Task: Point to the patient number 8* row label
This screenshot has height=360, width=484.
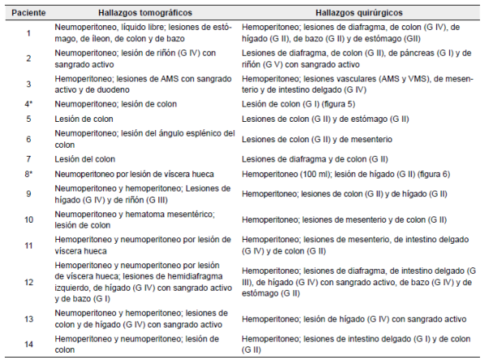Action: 28,175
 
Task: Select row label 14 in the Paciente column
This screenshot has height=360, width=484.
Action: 28,344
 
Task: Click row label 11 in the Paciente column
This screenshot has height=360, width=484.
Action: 28,246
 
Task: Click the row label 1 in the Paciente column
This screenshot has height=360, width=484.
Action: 28,34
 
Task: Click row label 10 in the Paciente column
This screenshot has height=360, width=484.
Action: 28,219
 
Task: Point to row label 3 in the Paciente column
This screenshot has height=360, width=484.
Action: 28,84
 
